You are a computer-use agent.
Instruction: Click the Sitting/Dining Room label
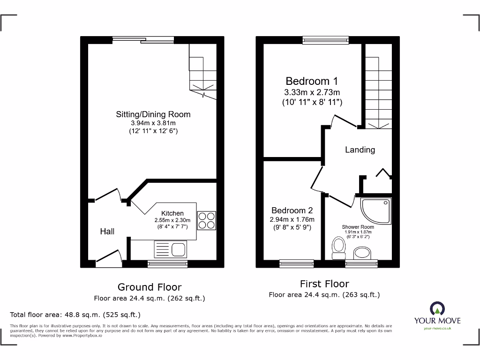coord(153,114)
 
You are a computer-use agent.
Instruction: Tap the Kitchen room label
coord(172,213)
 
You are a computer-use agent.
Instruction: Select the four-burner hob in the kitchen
coord(207,220)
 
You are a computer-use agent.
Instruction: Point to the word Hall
coord(107,232)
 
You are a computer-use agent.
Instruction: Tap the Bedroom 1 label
coord(311,81)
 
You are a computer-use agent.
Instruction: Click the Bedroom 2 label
coord(292,210)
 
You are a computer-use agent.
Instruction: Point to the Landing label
coord(360,150)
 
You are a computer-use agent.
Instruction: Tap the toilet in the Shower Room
coord(337,247)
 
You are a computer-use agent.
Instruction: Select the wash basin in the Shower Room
coord(361,253)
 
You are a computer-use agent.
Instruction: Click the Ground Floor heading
coord(149,287)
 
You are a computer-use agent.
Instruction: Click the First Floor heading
coord(324,284)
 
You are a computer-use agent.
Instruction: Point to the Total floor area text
coord(75,315)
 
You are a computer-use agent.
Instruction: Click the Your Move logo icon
coord(437,308)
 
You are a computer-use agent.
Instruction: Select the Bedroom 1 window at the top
coord(325,40)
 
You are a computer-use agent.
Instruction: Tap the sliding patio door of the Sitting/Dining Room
coord(143,40)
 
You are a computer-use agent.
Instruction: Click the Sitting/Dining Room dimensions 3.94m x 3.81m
coord(153,123)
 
